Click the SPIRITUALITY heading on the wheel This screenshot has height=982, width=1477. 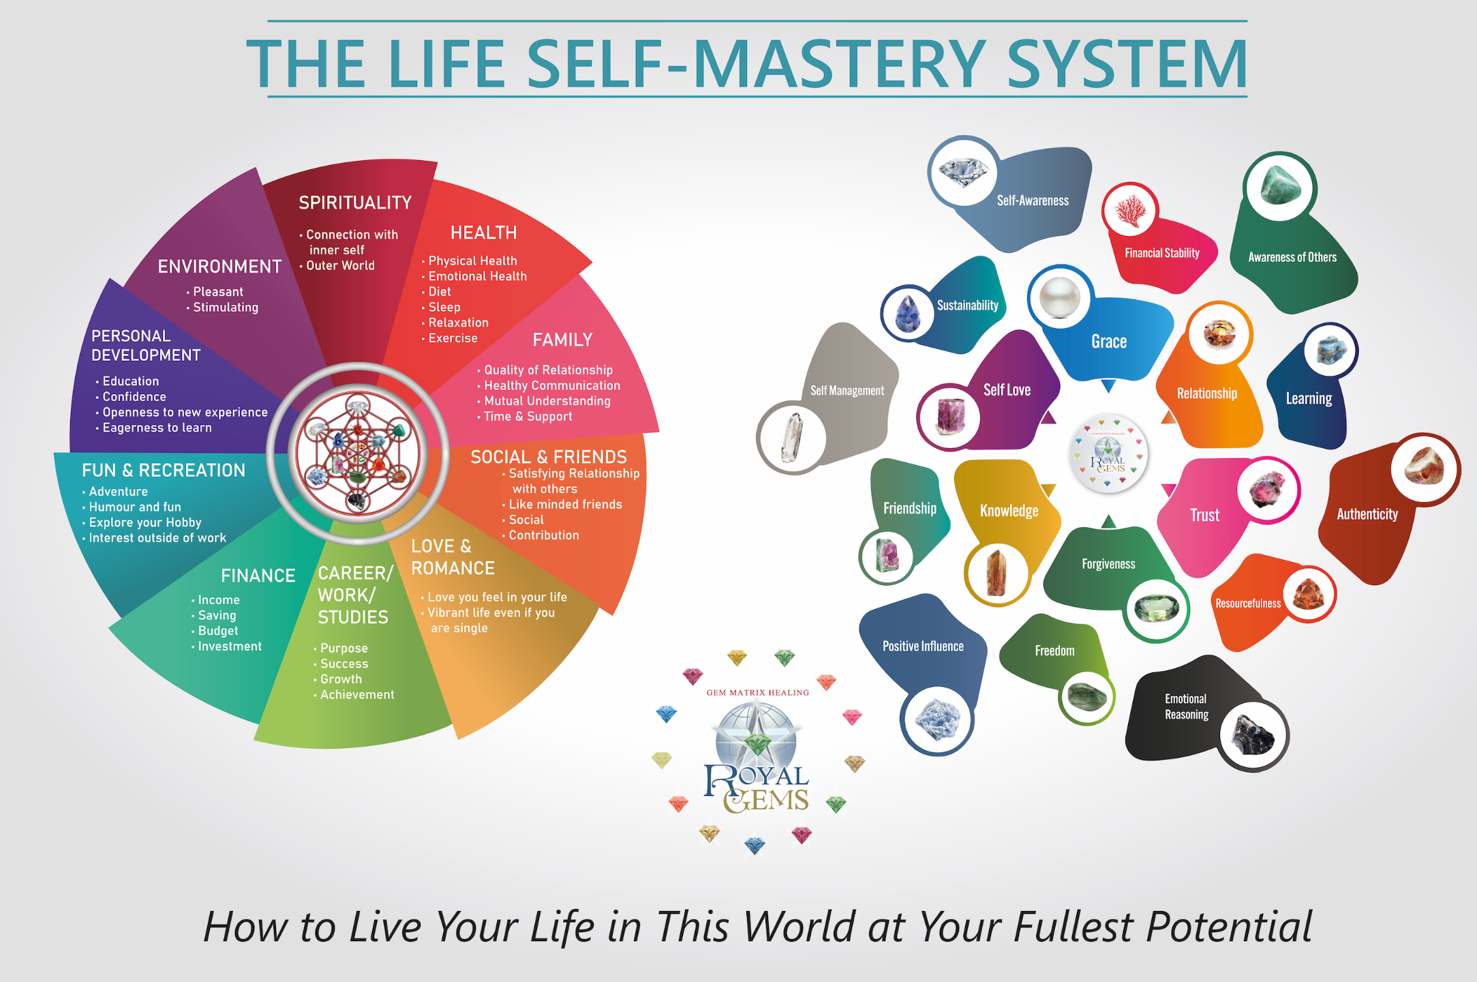(355, 203)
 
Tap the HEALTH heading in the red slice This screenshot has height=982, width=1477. (483, 233)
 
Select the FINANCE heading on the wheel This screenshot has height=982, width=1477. (258, 576)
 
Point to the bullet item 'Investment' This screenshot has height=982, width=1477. (230, 646)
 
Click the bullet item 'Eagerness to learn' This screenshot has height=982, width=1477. (157, 428)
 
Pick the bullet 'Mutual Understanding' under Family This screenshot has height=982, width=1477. (547, 401)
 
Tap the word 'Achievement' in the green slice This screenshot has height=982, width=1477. (357, 695)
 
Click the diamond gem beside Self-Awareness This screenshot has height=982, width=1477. (962, 170)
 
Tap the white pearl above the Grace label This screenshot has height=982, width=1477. (1060, 298)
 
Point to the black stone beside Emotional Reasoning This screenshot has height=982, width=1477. (1253, 735)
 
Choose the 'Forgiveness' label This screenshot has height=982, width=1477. (1108, 564)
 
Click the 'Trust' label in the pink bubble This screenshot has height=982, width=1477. (1204, 515)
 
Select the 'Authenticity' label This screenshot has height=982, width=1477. (1367, 514)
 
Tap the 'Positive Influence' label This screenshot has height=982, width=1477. (923, 646)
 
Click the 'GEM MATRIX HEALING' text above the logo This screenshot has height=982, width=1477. (757, 693)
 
